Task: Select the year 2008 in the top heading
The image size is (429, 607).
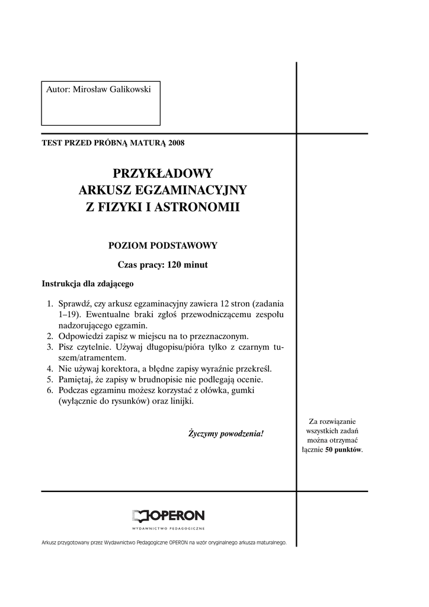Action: [177, 143]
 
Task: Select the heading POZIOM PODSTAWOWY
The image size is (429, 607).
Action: [162, 245]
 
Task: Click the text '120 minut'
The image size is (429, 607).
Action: [188, 265]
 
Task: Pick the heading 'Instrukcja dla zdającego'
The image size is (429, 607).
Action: [88, 283]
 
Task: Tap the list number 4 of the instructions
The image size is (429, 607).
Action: [50, 368]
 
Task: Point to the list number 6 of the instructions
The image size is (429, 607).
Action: [50, 390]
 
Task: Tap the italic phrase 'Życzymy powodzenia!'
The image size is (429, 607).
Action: [225, 434]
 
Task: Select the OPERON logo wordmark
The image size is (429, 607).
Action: [168, 516]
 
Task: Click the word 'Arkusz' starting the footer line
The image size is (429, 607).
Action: [51, 542]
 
